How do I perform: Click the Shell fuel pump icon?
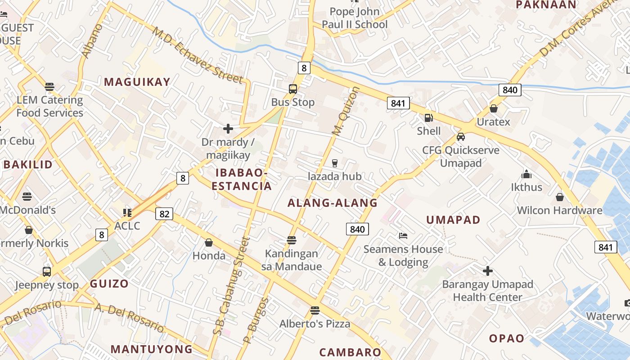pos(429,118)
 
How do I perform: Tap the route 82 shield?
pos(164,214)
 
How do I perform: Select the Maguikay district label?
pos(137,82)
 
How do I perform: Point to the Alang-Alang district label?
pos(333,203)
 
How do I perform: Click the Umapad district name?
pos(453,220)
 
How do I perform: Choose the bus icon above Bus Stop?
pos(293,89)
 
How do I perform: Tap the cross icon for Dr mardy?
pos(228,129)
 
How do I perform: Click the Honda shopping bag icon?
pos(209,243)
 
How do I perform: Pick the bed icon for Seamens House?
pos(403,236)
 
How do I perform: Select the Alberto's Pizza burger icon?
pos(315,310)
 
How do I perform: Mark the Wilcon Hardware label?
pos(559,210)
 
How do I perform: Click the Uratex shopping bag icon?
pos(494,108)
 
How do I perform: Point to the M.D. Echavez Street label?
pos(198,55)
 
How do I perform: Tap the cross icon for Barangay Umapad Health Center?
pos(487,271)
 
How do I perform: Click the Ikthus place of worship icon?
pos(526,174)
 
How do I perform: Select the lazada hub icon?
pos(334,163)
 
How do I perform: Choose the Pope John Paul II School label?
pos(355,18)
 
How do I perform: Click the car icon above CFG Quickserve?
pos(460,137)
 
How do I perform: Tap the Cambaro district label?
pos(350,352)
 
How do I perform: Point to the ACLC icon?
pos(127,212)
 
